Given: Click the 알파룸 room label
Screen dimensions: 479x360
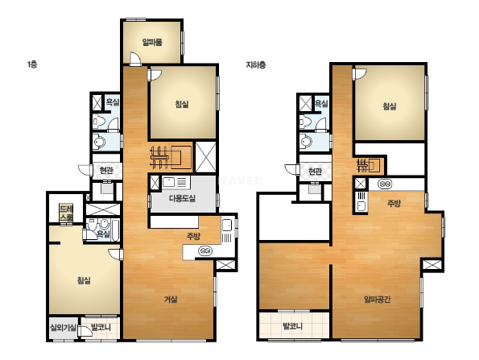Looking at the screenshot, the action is tap(152, 42).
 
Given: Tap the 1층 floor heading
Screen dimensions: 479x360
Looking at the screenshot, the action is tap(32, 64).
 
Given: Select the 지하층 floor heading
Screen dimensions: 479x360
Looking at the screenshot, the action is tap(256, 64).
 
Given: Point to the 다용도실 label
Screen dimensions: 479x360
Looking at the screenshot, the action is tap(182, 199).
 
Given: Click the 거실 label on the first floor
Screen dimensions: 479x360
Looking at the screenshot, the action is tap(171, 300).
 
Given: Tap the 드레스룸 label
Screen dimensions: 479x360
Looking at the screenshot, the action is tap(66, 213).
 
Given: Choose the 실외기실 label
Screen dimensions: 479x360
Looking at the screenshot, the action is tap(64, 328).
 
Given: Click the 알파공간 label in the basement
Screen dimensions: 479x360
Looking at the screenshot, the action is tap(378, 299).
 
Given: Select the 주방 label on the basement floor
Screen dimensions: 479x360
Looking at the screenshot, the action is tap(394, 203).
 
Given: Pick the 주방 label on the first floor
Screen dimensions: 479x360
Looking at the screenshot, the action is tap(194, 236).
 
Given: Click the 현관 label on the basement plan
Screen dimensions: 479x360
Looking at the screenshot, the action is tap(315, 172).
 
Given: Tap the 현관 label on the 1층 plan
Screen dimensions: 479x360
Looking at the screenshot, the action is tap(106, 170).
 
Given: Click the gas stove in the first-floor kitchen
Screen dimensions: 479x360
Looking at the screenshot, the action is tap(205, 251).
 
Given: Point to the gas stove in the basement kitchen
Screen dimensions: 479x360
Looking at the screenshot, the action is tap(385, 184).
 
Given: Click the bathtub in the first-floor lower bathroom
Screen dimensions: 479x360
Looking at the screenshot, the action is tap(115, 230).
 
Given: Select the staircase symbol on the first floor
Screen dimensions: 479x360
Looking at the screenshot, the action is tap(171, 157).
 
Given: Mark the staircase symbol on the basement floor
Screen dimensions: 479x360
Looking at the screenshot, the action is tap(369, 165).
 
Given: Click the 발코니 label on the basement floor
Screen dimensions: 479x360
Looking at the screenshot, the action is tap(293, 326).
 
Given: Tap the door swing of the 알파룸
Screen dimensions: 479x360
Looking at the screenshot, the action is tap(134, 58).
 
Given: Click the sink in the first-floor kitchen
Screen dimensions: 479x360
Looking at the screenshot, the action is tap(227, 226).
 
